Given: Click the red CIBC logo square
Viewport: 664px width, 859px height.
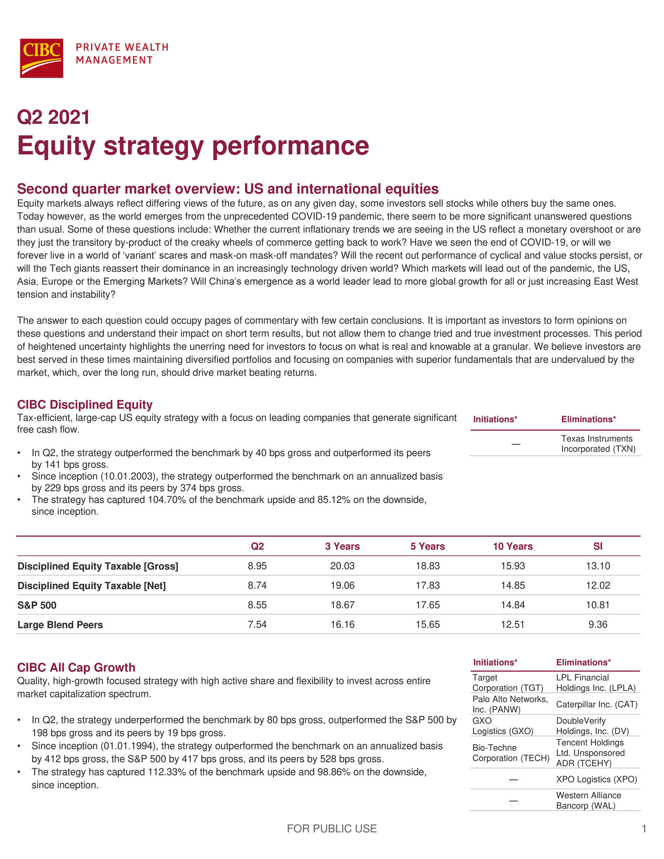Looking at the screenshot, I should pos(41,58).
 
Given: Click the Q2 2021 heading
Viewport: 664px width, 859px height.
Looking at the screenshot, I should pos(53,117).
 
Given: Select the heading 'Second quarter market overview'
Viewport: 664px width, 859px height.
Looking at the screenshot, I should pos(228,189).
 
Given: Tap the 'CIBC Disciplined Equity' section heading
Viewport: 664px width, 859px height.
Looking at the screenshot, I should pos(85,405).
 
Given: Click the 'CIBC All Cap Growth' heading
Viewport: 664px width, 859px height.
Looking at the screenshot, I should pos(76,667).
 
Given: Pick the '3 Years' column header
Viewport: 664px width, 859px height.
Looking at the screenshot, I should pos(342,546).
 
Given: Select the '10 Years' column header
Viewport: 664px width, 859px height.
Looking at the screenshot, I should pos(512,546).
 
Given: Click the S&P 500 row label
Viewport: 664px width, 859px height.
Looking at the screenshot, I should pos(37,605).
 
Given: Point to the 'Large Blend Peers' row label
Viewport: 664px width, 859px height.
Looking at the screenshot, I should pos(60,625).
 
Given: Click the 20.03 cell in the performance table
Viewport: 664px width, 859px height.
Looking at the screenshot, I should pos(342,566).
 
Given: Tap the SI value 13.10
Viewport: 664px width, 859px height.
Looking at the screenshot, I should pos(597,566).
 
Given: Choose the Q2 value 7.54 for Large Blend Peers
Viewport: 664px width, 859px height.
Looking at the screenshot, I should pos(257,625).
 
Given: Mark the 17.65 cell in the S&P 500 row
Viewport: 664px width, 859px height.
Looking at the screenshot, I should pos(427,605).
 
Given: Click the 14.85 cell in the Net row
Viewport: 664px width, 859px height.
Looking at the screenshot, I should pos(512,586).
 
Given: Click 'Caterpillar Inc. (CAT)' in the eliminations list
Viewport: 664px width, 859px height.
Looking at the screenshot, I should pos(596,705).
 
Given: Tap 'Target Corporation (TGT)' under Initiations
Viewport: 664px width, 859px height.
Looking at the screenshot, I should pos(508,683).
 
